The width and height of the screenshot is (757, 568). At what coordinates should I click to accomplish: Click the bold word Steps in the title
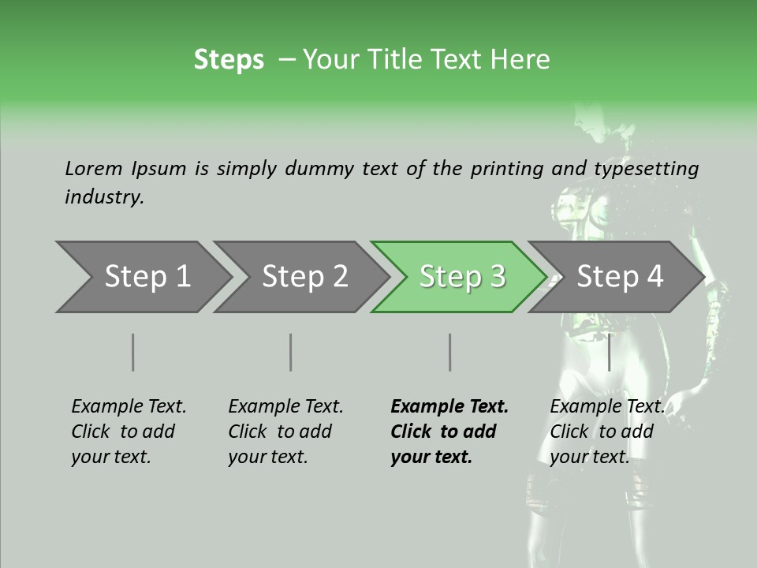point(229,60)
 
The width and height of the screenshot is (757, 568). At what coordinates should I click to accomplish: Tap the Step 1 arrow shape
point(142,277)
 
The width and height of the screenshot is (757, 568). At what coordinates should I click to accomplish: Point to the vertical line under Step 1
point(133,352)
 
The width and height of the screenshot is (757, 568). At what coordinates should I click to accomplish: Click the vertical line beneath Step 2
point(291,352)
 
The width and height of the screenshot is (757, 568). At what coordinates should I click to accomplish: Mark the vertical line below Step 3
point(449,352)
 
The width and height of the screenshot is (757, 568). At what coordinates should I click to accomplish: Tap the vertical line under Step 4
point(609,352)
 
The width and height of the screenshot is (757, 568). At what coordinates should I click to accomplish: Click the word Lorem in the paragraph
point(94,169)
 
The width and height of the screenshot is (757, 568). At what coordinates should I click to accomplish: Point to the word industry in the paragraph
point(104,197)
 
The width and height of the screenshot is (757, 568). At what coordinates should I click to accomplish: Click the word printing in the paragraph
point(507,169)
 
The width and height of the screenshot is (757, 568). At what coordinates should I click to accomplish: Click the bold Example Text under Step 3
point(449,407)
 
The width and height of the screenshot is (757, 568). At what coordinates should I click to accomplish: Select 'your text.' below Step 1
point(110,457)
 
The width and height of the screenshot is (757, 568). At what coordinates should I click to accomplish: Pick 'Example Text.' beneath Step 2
point(285,407)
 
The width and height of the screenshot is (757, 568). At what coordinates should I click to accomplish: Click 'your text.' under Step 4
point(589,457)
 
